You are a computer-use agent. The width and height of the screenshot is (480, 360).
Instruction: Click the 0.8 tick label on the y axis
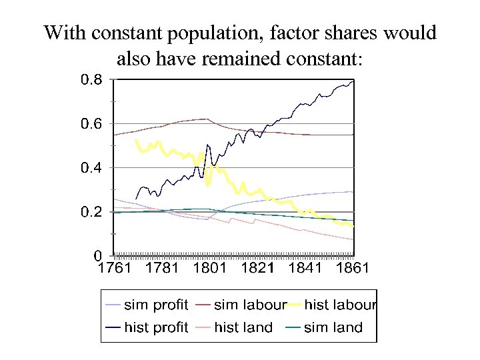point(92,81)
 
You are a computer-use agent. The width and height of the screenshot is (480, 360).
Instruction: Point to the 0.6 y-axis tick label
point(92,125)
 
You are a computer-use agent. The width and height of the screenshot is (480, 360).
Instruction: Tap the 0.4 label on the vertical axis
point(92,168)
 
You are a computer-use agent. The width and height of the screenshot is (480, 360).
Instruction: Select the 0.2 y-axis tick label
point(92,212)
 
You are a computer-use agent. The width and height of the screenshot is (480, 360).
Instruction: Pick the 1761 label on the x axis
point(114,269)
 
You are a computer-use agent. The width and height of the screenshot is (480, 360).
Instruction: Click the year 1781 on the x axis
point(162,269)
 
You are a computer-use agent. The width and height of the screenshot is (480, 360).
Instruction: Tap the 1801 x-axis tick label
point(210,269)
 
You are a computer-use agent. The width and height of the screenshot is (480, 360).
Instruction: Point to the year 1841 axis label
point(305,269)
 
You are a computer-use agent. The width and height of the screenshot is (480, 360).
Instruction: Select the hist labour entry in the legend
point(340,305)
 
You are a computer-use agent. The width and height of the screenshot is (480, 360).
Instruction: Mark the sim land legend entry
point(333,327)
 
